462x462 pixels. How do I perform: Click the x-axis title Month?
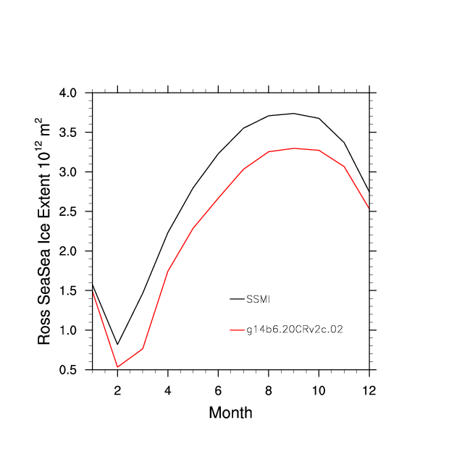point(230,413)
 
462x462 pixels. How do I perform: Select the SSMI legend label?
point(259,298)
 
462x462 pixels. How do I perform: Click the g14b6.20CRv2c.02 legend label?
point(295,329)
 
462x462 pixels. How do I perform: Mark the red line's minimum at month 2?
point(117,367)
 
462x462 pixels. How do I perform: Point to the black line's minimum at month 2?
point(117,345)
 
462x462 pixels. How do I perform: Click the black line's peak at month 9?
point(293,113)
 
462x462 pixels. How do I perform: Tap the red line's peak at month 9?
point(293,148)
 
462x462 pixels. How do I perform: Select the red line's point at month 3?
point(143,348)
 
